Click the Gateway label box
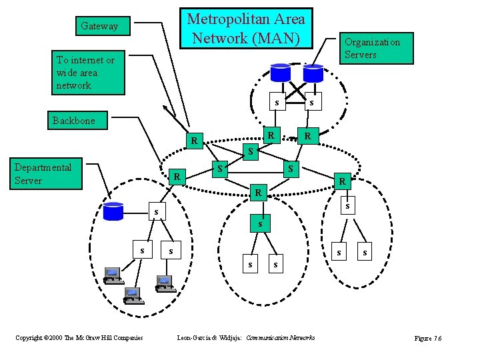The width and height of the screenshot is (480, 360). pos(99,26)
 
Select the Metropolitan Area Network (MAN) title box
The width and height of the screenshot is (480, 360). pos(245,28)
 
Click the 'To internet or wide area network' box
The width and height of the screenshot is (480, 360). pos(90,73)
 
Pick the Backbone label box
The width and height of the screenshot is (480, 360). pos(73,121)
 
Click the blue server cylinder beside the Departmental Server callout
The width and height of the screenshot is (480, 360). pos(114,211)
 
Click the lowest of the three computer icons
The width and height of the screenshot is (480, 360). pos(133,294)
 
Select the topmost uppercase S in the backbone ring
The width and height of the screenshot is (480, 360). pos(250,152)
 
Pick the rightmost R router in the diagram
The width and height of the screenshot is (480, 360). pos(342,180)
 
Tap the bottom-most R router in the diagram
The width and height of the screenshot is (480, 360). pos(257,193)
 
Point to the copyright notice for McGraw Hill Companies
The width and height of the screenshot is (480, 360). pos(79,338)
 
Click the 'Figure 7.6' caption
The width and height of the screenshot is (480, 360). pos(427,339)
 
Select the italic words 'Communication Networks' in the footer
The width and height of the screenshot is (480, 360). pos(281,338)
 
